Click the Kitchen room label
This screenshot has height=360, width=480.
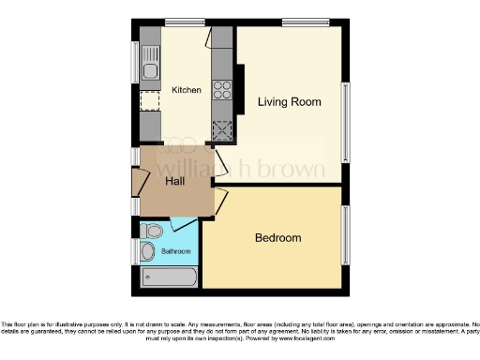click(x=186, y=90)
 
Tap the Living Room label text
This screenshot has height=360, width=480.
click(x=290, y=101)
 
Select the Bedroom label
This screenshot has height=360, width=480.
click(x=278, y=238)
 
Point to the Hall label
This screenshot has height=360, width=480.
click(x=174, y=181)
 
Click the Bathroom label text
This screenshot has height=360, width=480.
click(x=175, y=251)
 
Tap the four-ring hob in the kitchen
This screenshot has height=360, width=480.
click(x=223, y=91)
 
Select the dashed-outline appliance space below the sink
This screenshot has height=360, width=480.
click(x=150, y=101)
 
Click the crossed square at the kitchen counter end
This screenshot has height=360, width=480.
click(x=223, y=130)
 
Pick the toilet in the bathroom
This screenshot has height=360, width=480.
click(x=155, y=230)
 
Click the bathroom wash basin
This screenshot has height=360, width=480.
click(x=147, y=251)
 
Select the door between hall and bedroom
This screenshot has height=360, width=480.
click(x=221, y=198)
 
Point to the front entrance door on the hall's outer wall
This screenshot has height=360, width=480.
click(x=139, y=182)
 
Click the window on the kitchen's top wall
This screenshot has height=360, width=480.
click(x=178, y=22)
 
